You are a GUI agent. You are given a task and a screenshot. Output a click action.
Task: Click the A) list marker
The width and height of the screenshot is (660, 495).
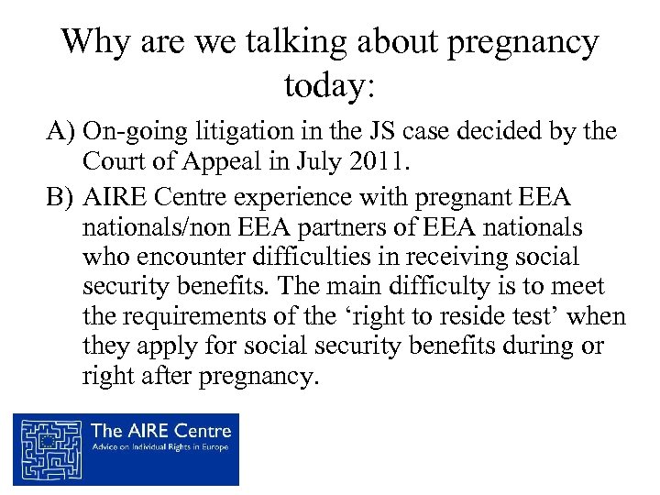click(x=61, y=132)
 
